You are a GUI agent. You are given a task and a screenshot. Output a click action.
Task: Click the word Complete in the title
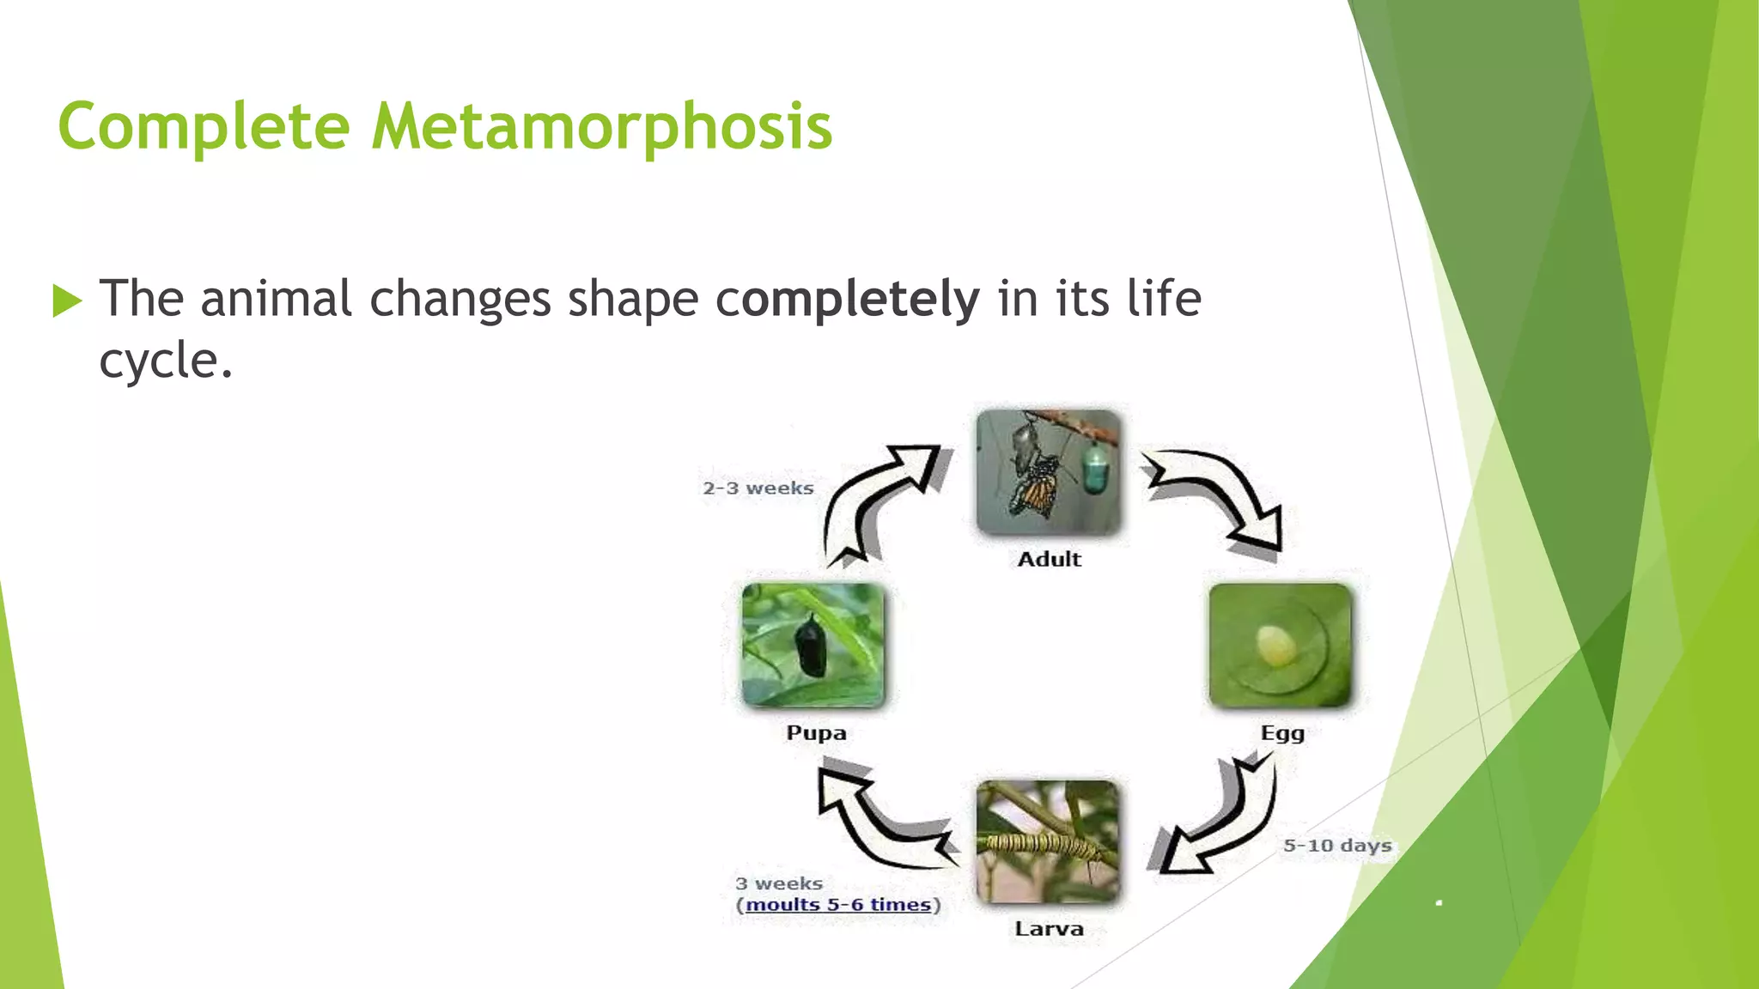coord(204,127)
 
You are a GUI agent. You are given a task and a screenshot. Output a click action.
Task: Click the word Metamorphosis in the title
coord(601,127)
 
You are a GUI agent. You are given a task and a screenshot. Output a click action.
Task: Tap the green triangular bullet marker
coord(66,300)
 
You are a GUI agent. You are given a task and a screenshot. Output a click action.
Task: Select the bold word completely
coord(848,299)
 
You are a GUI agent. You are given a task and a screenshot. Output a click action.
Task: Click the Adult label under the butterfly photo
coord(1049,560)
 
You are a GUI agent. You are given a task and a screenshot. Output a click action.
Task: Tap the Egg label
coord(1282,733)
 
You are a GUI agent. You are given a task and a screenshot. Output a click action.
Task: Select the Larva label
coord(1049,929)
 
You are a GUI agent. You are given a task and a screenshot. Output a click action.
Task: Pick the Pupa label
coord(816,733)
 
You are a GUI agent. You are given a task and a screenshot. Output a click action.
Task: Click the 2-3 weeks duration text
coord(758,488)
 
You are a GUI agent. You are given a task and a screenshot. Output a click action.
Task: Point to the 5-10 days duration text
coord(1336,846)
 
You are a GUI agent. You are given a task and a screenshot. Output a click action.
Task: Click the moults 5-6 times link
coord(838,905)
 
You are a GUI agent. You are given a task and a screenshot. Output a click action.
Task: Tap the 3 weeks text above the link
coord(778,883)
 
